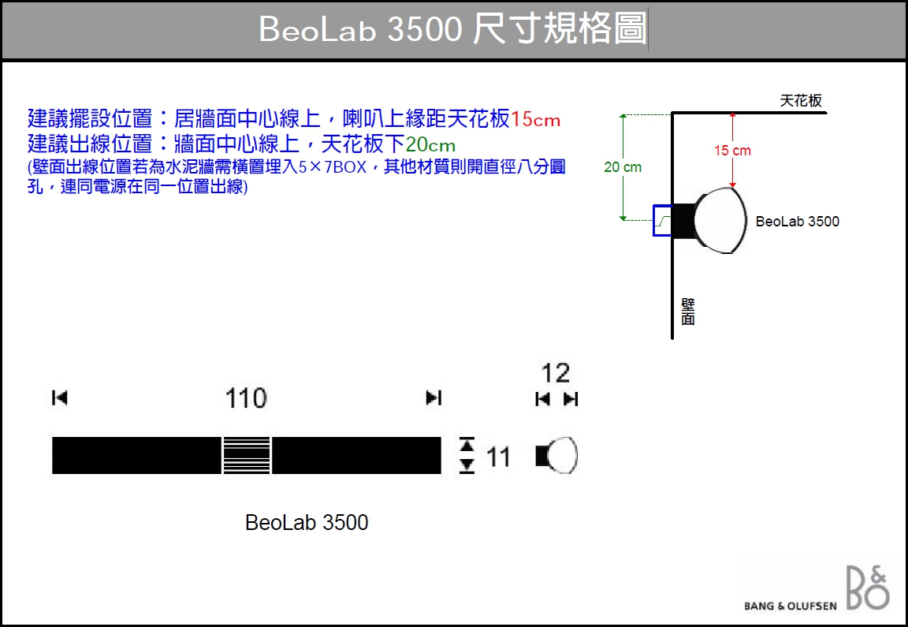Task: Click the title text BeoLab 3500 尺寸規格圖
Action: click(453, 28)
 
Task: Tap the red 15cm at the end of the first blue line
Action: click(536, 119)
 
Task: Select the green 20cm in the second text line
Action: click(430, 144)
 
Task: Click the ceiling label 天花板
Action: click(801, 101)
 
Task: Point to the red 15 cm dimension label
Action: click(732, 151)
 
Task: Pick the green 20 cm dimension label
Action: click(623, 167)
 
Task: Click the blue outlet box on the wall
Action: click(663, 220)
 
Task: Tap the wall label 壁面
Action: click(688, 312)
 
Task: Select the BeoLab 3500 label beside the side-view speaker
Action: click(798, 222)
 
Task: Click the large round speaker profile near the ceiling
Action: click(720, 220)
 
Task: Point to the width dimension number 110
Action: click(246, 399)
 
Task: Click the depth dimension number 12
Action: click(556, 373)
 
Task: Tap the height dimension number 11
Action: click(498, 457)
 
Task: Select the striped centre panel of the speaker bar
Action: click(247, 456)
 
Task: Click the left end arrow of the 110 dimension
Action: click(60, 398)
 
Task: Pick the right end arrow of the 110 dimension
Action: click(434, 398)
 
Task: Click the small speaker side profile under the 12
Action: click(556, 456)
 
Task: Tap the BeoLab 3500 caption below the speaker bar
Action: click(307, 523)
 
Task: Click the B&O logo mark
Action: click(868, 588)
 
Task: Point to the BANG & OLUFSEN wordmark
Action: click(791, 606)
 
